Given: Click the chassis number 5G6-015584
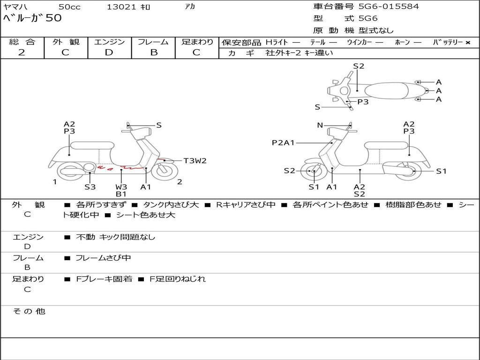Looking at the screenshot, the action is (389, 7).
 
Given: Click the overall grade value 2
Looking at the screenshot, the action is (22, 52).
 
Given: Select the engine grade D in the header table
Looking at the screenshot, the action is (109, 52).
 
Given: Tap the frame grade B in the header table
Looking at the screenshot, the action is (154, 52).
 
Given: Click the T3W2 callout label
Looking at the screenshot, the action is (195, 161).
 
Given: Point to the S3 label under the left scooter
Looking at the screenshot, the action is (90, 187).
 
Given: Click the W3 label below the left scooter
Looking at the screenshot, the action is (121, 187).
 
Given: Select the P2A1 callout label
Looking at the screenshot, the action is (283, 142).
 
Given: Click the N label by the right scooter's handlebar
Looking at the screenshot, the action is (320, 125).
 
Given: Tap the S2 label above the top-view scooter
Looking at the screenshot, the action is (359, 66).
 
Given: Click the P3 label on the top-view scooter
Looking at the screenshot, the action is (363, 102).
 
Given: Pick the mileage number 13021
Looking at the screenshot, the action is (121, 7).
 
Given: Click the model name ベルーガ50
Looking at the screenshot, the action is (32, 18).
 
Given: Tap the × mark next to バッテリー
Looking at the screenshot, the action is (468, 43).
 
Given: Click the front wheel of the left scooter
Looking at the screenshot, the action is (165, 171).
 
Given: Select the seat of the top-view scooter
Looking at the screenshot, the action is (386, 90).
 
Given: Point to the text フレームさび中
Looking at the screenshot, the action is (103, 258).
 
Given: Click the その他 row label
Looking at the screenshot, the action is (29, 311).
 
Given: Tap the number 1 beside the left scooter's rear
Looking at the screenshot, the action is (55, 182).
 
